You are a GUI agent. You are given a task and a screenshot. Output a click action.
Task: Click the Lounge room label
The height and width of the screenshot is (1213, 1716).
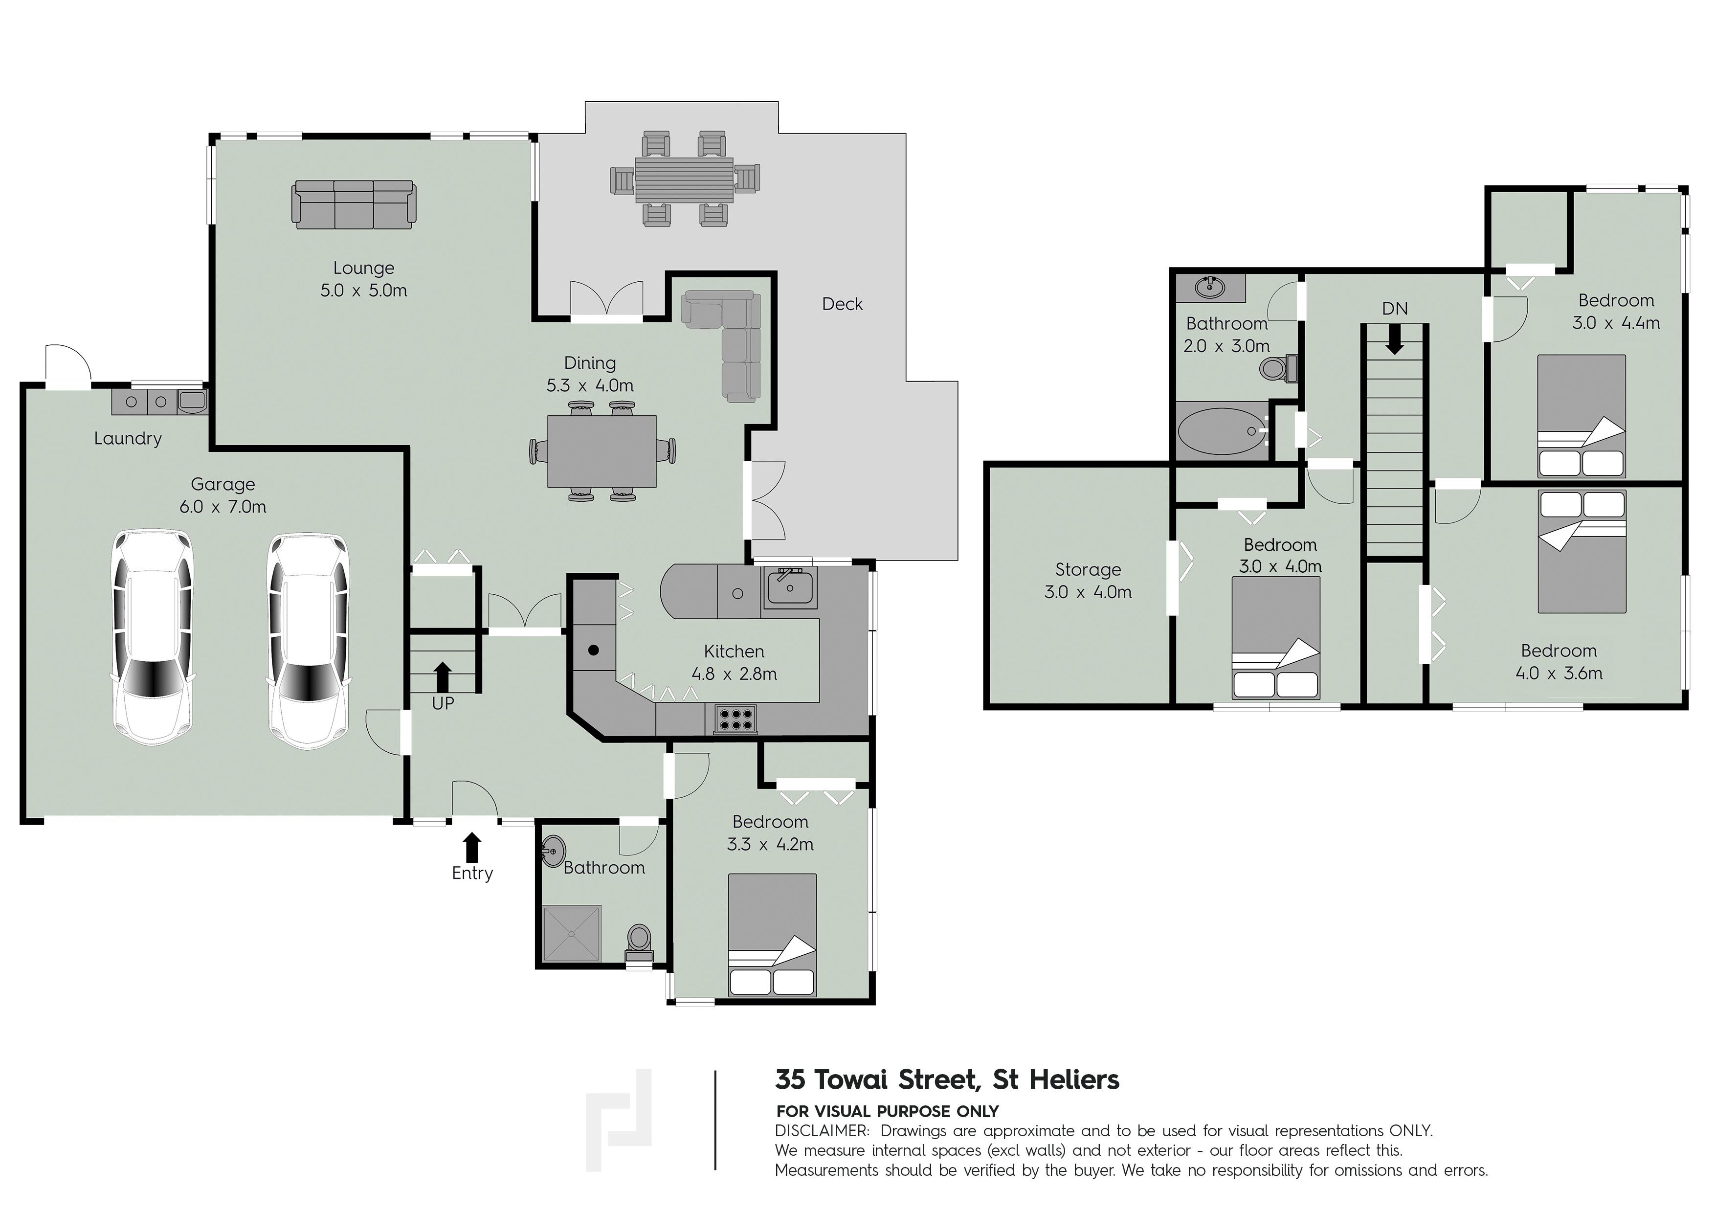click(363, 268)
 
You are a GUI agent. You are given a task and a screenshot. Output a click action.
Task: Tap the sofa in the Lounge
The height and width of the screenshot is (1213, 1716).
click(353, 204)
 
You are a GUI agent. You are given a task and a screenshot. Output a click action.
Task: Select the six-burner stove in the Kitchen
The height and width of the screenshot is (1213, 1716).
click(734, 719)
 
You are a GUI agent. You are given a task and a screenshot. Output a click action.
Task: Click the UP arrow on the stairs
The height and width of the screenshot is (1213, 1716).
click(443, 676)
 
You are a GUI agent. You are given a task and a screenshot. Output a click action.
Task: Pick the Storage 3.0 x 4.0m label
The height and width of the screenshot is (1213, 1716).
click(1088, 581)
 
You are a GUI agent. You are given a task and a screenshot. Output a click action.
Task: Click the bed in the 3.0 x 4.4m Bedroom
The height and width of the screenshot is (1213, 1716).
click(1581, 416)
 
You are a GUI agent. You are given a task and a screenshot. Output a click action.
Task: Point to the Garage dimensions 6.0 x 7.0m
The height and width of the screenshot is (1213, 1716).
click(223, 507)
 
